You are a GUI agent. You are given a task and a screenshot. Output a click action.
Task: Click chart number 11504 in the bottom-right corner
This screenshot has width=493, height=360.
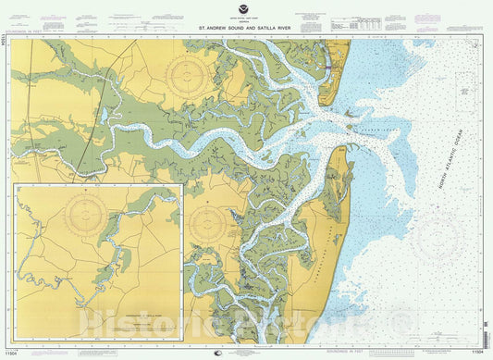(x=479, y=352)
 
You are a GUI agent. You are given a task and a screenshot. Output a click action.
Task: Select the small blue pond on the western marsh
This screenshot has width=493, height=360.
(x=105, y=115)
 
